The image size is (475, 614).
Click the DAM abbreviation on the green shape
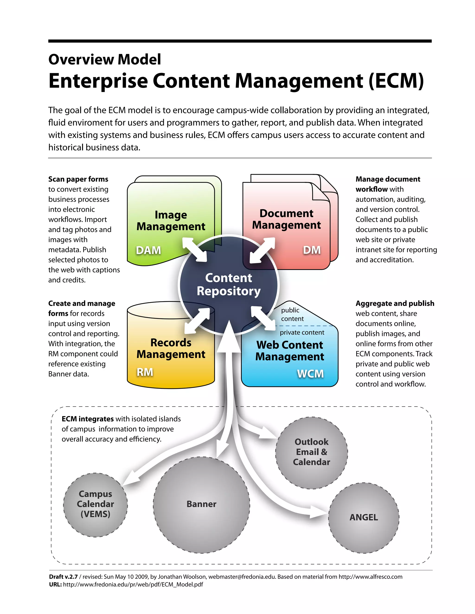point(148,250)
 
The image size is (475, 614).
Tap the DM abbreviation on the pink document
point(311,250)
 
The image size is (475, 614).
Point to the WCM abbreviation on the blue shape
point(310,374)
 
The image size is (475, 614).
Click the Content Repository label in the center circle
point(228,285)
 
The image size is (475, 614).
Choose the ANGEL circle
point(364,517)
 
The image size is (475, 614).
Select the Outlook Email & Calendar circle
point(311,452)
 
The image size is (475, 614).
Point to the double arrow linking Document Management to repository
point(262,250)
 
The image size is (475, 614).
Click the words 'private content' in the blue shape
point(302,332)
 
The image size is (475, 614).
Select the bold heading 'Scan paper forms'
point(78,179)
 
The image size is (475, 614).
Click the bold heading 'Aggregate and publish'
point(395,303)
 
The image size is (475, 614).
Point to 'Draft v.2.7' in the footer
point(63,577)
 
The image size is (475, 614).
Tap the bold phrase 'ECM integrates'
point(87,419)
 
